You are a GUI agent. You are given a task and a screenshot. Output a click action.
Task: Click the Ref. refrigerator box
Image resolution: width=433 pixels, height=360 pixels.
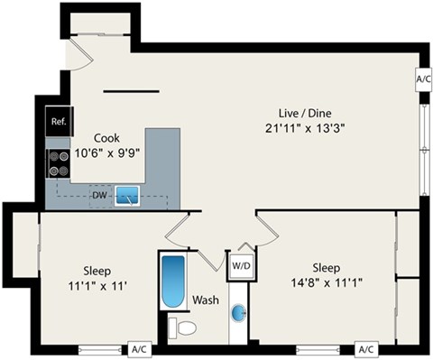click(59, 122)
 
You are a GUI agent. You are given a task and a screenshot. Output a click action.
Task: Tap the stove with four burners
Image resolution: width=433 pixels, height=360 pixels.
click(59, 162)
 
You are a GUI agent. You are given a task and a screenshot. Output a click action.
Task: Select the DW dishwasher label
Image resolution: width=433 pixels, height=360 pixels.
click(99, 194)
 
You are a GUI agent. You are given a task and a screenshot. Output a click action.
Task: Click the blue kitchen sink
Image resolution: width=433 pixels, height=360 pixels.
click(127, 194)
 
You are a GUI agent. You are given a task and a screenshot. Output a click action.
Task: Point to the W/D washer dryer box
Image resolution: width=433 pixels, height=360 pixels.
click(240, 266)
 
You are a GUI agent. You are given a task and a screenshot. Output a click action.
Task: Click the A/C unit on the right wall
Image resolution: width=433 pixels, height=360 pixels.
click(424, 79)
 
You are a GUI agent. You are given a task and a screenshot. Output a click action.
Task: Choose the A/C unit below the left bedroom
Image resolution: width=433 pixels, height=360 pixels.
click(139, 349)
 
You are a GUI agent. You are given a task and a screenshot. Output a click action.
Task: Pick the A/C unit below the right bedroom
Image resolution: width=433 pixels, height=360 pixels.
click(365, 349)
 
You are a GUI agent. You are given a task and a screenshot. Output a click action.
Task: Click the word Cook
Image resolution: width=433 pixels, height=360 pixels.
click(106, 138)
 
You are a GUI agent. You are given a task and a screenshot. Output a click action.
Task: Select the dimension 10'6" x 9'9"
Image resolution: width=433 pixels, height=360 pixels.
click(106, 153)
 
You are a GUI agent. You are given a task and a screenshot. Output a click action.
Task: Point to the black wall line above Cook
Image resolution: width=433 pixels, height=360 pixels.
click(132, 89)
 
